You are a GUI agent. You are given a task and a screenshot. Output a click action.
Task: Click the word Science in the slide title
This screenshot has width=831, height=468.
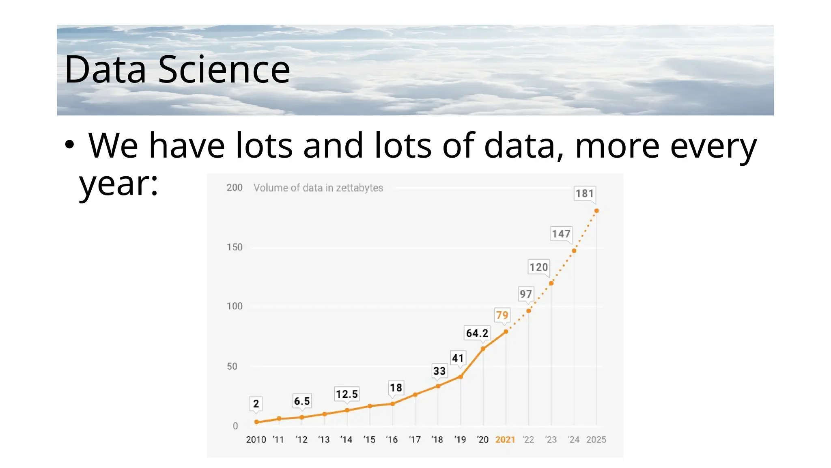pos(224,69)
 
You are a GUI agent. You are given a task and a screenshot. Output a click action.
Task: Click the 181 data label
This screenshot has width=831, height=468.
pos(584,193)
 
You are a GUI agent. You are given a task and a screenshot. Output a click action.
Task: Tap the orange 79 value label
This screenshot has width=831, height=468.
pos(502,315)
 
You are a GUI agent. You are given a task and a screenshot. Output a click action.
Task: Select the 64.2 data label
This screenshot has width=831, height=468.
pos(477,333)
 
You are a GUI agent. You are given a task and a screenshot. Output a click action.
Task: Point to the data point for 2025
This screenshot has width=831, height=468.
pos(596,211)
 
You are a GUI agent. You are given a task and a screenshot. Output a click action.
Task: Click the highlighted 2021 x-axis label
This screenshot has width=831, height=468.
pos(505,440)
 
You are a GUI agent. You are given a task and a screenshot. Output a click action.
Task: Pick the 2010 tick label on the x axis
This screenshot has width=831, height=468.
pos(256,440)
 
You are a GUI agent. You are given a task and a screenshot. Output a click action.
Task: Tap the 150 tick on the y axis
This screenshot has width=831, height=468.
pos(235,247)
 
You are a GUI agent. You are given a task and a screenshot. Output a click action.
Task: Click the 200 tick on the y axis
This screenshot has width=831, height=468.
pos(235,188)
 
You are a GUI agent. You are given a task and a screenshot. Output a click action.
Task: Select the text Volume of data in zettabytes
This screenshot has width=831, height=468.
pos(318,188)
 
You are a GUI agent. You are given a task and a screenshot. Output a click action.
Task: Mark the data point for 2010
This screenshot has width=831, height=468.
pos(256,422)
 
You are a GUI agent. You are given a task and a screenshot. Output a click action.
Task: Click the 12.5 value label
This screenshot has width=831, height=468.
pos(347,394)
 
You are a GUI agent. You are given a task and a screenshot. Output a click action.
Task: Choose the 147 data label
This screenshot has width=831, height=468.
pos(561,234)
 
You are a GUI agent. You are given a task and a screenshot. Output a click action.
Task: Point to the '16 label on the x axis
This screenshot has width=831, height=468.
pos(392,440)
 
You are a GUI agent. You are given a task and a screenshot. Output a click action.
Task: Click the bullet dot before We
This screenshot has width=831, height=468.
pos(69,145)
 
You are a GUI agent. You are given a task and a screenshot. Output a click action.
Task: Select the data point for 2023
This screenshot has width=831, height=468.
pos(551,283)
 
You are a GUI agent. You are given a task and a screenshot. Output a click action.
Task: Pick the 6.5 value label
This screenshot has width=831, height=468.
pos(302,401)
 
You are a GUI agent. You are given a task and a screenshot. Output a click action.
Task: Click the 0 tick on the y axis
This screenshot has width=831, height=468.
pos(235,426)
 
